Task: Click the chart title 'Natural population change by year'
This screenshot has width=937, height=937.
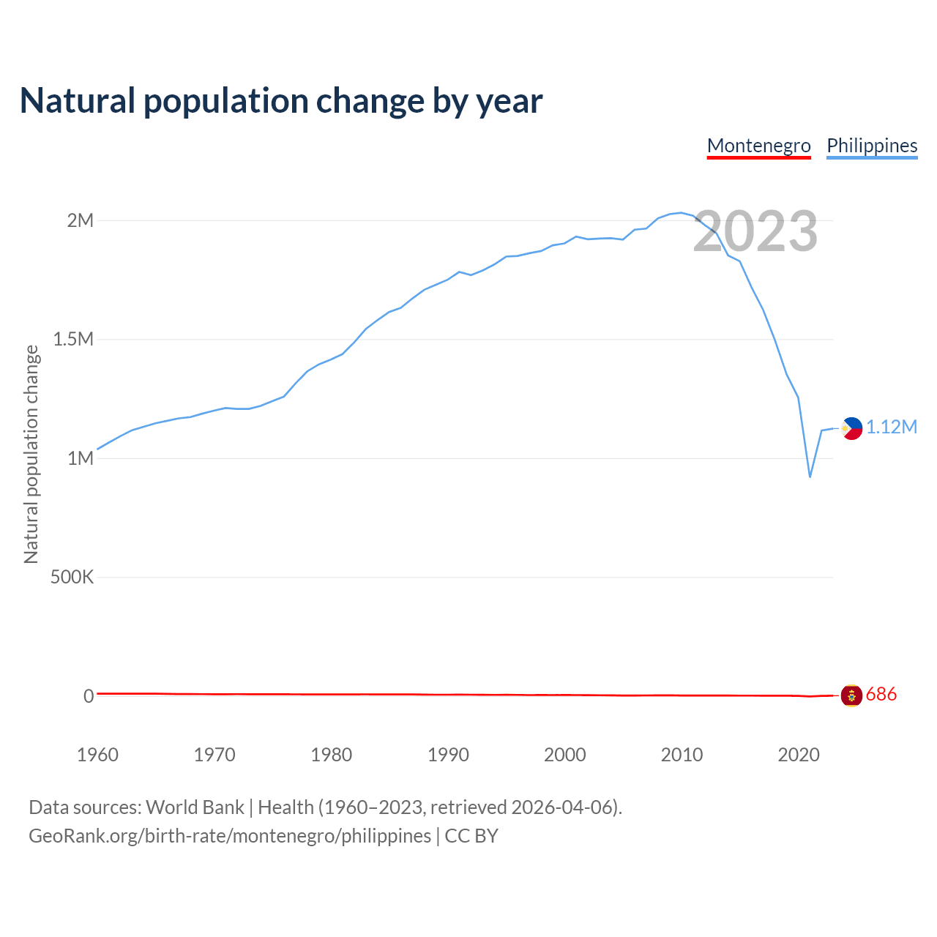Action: [x=281, y=101]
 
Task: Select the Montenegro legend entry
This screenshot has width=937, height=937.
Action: [x=758, y=146]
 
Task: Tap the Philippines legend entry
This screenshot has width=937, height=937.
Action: [x=872, y=146]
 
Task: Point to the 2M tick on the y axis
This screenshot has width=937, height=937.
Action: [x=81, y=220]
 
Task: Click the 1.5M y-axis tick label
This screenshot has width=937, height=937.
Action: [x=73, y=339]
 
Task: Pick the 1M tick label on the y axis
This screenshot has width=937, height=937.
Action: [x=81, y=458]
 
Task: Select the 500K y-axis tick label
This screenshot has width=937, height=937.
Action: [x=72, y=577]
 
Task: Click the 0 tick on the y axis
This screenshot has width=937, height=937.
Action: [x=89, y=696]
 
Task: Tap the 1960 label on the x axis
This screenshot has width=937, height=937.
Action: [x=97, y=755]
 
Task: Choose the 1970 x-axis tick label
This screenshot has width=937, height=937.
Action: [x=214, y=755]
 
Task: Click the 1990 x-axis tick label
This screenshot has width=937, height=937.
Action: [x=448, y=755]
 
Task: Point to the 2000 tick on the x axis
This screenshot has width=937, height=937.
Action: [x=564, y=755]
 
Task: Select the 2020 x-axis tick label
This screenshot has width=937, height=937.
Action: [x=799, y=755]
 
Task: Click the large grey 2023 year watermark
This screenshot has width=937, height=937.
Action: [x=755, y=231]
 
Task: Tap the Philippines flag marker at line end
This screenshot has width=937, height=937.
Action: [x=851, y=428]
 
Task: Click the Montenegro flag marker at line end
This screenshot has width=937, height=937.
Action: [x=851, y=695]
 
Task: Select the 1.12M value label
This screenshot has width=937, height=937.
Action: [x=892, y=428]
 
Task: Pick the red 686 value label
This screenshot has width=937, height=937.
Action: [x=881, y=695]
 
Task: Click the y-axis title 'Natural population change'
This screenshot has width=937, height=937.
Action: [x=31, y=454]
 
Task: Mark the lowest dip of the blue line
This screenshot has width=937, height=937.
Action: [x=810, y=477]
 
